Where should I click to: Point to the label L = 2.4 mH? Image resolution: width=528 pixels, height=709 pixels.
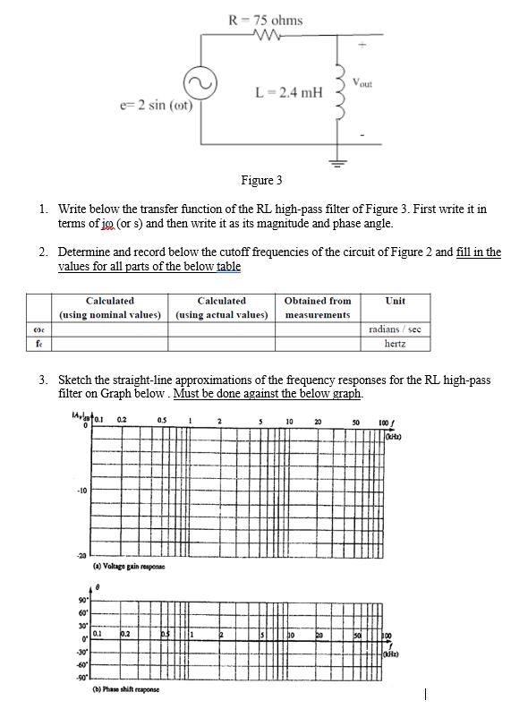pos(286,91)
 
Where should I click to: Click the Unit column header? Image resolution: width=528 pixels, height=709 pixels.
pos(395,301)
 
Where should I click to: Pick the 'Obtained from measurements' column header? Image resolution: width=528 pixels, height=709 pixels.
pos(317,307)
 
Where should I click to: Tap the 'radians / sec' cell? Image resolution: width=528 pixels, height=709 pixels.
pos(395,329)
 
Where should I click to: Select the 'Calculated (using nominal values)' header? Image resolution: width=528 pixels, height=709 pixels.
pos(110,307)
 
